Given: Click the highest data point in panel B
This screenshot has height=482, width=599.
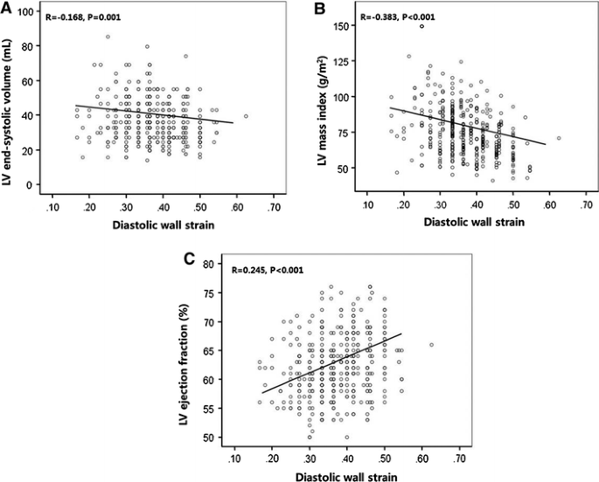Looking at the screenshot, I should (x=421, y=26).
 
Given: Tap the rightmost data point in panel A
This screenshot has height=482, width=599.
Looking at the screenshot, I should (x=246, y=115).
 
